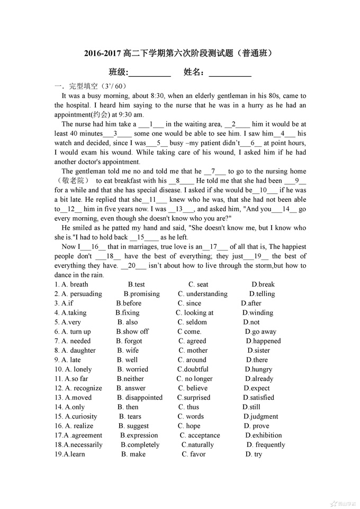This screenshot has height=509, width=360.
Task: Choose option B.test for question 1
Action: tap(137, 284)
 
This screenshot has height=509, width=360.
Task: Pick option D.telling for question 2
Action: tap(262, 294)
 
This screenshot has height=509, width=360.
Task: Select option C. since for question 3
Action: tap(190, 303)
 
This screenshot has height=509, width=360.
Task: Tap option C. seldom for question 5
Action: tap(192, 322)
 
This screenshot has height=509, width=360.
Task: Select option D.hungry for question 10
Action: tap(258, 369)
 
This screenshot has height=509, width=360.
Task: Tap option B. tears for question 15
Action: tap(130, 417)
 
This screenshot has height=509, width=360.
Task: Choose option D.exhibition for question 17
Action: tap(263, 435)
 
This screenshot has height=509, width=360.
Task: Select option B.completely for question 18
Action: tap(140, 445)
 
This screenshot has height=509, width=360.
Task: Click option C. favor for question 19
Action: tap(194, 454)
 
